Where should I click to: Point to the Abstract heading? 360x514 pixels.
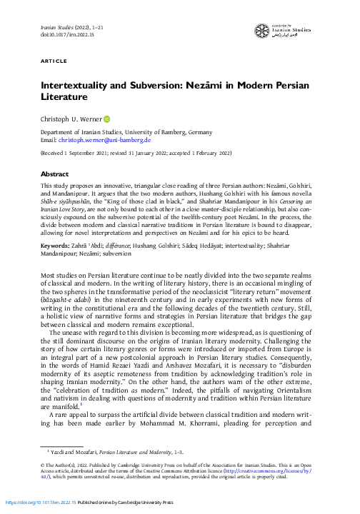click(54, 173)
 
